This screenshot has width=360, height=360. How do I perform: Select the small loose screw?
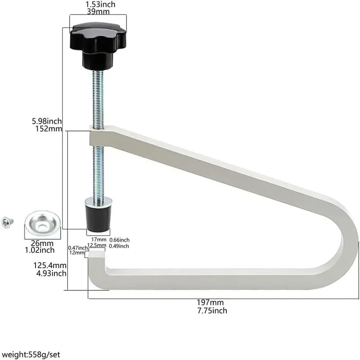tap(7, 222)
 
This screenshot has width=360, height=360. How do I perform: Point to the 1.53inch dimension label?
tap(100, 4)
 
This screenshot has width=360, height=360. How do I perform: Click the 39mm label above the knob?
tap(98, 12)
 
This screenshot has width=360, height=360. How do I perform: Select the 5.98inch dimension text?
tap(47, 121)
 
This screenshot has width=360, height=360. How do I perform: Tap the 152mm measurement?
tap(49, 129)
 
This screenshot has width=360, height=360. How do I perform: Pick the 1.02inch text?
tap(40, 250)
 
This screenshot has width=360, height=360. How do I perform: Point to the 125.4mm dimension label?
tap(50, 265)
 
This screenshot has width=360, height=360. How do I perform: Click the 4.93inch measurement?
tap(51, 273)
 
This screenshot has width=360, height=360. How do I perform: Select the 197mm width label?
tap(210, 302)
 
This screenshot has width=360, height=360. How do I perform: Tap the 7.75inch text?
tap(212, 310)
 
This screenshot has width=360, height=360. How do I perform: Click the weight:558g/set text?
tap(31, 355)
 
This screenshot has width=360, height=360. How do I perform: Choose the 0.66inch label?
tap(119, 240)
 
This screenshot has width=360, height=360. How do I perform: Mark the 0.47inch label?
tap(78, 248)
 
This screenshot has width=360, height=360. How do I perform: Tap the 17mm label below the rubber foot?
tap(99, 239)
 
